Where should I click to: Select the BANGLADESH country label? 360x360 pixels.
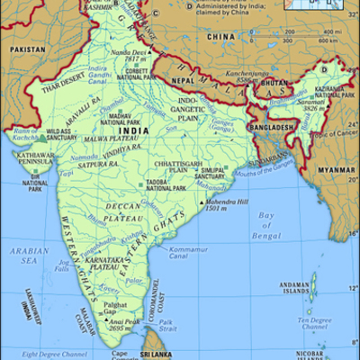pos(274,128)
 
